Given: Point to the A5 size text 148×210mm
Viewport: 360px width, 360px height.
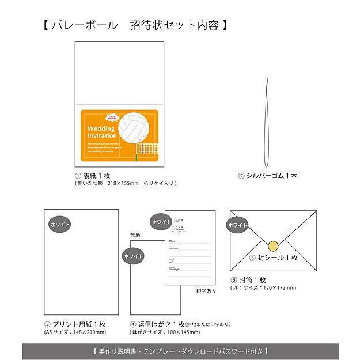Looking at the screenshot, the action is [x=75, y=332].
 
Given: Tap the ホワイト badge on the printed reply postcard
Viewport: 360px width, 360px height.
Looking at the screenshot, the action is [x=161, y=222].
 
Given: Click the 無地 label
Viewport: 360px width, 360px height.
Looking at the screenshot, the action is [x=135, y=234].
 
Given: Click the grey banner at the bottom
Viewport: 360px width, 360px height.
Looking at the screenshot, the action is [x=180, y=350].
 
